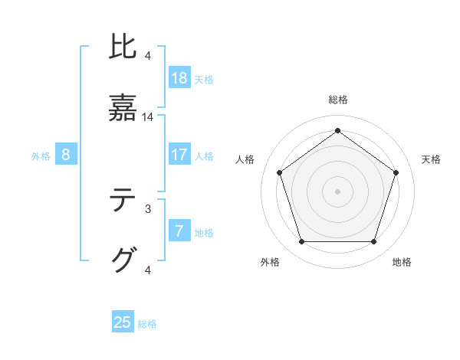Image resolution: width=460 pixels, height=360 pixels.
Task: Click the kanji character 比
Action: pos(123,47)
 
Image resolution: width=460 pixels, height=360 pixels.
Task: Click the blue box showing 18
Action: pos(179,78)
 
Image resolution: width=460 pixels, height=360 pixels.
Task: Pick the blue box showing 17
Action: pos(179,155)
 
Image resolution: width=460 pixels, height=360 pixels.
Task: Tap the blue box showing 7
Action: pos(179,231)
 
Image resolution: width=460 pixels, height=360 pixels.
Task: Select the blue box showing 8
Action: pos(66,155)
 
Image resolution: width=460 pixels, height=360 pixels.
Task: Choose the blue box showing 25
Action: pos(123,322)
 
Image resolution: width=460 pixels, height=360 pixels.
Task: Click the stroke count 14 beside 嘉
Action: pos(148,117)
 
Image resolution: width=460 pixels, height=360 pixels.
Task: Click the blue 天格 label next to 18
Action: pos(204,79)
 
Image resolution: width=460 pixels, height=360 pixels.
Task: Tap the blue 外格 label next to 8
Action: pos(41,155)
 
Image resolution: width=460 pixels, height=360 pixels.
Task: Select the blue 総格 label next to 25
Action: pos(147,323)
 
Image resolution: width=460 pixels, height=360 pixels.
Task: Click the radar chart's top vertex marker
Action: pos(337,130)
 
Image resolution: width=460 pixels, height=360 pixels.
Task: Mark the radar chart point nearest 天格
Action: pos(396,172)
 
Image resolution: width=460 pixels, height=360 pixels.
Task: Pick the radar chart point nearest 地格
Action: pos(373,241)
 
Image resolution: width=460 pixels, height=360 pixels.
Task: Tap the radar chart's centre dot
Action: pos(337,191)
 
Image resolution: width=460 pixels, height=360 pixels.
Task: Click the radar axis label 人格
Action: pos(245,159)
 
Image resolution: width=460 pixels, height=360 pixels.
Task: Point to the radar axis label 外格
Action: pos(270,262)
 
